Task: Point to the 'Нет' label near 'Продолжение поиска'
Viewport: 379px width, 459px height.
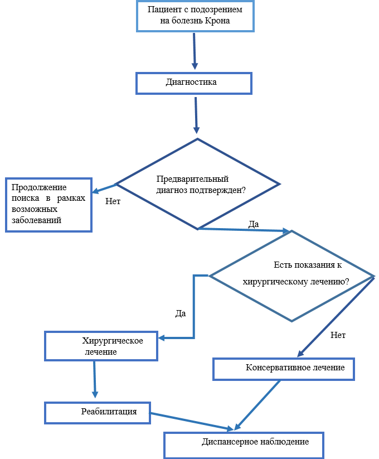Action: (x=113, y=201)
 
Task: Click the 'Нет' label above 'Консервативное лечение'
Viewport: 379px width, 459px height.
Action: (x=338, y=335)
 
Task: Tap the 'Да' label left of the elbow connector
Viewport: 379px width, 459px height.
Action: (x=181, y=313)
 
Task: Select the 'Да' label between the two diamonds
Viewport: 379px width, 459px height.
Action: (x=254, y=224)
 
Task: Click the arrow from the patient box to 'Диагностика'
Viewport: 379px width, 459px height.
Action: (x=195, y=51)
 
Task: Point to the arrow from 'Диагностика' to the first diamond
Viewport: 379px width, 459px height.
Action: (x=196, y=115)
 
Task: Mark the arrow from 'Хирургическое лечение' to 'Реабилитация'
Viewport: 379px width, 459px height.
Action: (x=94, y=379)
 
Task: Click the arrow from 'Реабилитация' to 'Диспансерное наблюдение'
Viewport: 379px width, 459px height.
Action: (x=192, y=421)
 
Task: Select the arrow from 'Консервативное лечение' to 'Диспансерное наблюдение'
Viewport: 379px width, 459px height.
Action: (x=257, y=405)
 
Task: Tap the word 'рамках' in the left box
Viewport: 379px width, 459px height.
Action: (x=71, y=198)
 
